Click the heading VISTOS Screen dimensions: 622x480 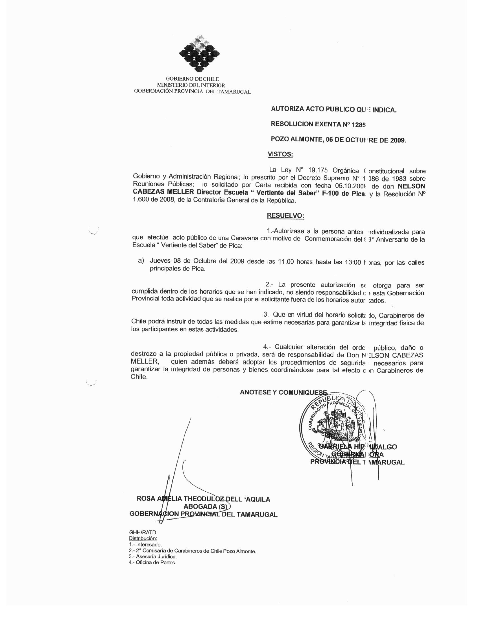[x=280, y=154]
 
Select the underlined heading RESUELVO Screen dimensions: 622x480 [x=285, y=216]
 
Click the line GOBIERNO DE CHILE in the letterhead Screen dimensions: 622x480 [x=192, y=79]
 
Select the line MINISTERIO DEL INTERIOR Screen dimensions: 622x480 [x=191, y=85]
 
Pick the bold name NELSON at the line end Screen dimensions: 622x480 [x=411, y=186]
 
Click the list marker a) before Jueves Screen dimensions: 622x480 [x=141, y=261]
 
